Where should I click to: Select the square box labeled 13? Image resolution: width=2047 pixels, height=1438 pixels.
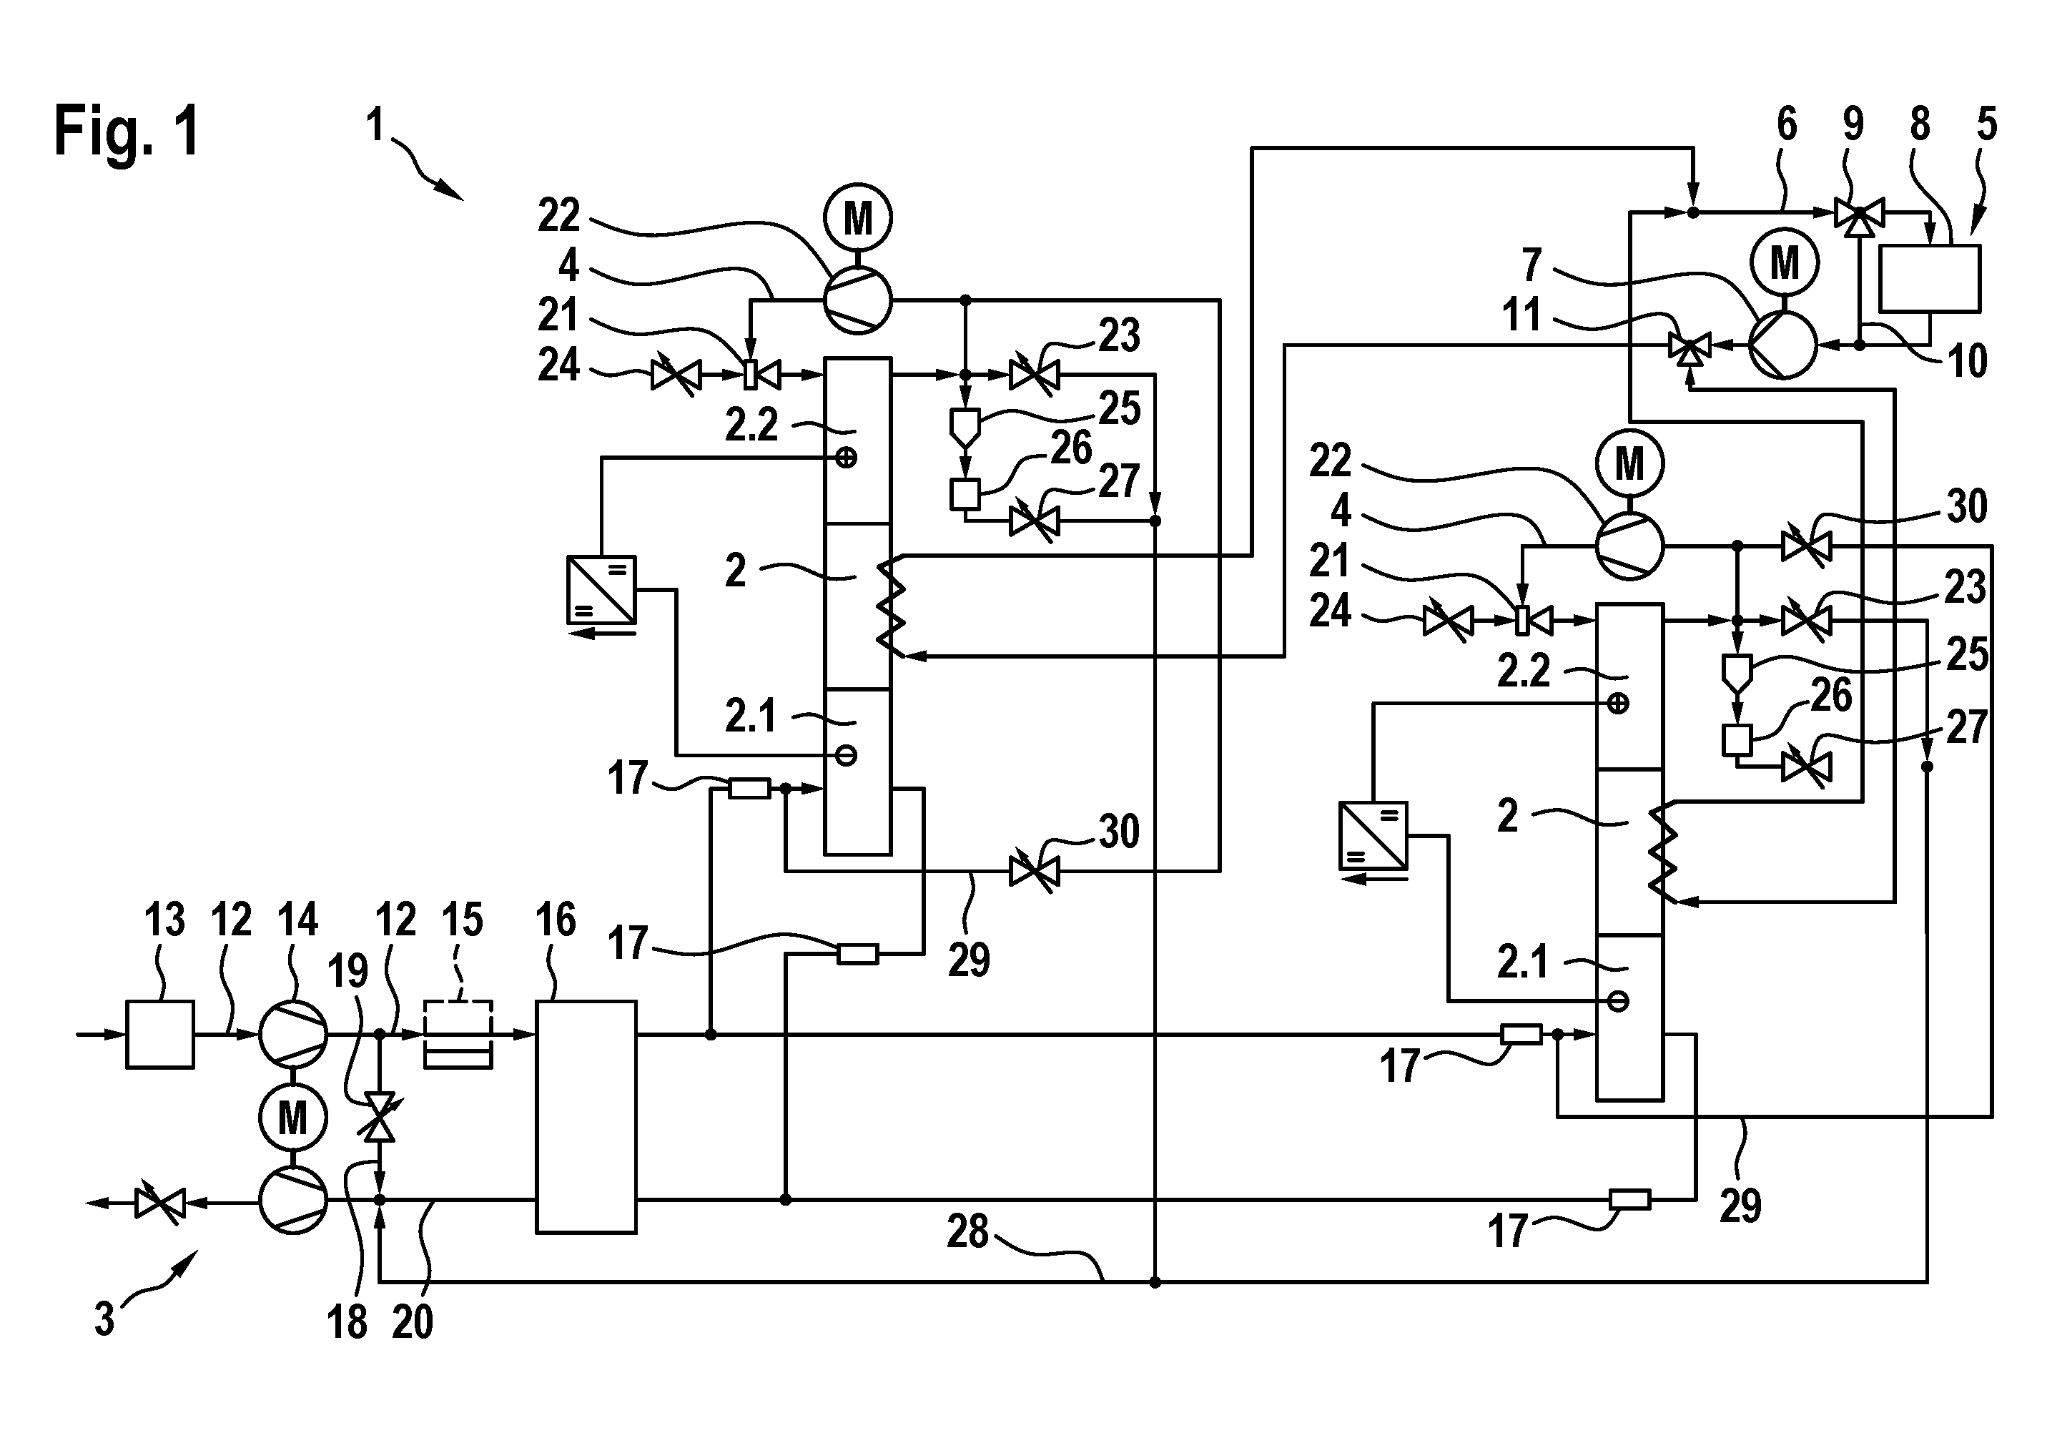[x=159, y=1034]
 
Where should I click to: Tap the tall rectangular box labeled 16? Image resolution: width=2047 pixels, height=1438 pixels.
[x=586, y=1117]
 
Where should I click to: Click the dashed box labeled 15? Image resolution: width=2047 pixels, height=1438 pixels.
[x=458, y=1034]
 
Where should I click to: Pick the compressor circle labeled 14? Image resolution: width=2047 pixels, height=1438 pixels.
[x=293, y=1034]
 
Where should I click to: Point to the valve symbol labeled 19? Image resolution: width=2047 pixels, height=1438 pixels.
[x=380, y=1116]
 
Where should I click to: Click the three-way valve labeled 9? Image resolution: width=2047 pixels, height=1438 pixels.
[x=1858, y=214]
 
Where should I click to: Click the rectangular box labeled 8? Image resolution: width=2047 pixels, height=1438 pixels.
[x=1929, y=278]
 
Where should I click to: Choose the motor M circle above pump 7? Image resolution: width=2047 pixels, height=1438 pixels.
[x=1784, y=263]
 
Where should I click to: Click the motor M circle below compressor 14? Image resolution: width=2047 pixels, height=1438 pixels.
[x=293, y=1118]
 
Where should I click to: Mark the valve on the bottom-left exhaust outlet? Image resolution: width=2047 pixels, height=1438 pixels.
[x=160, y=1203]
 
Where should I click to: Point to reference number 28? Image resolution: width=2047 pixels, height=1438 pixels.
[x=967, y=1232]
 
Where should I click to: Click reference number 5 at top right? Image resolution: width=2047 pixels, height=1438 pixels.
[x=1986, y=125]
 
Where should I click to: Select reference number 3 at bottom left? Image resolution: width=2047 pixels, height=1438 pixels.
[x=105, y=1319]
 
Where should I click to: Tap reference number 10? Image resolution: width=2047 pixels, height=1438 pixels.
[x=1967, y=361]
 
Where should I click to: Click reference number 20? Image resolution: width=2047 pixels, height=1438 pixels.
[x=412, y=1322]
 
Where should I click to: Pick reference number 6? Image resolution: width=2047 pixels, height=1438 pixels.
[x=1787, y=125]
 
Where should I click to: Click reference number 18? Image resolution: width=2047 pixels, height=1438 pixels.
[x=347, y=1322]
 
